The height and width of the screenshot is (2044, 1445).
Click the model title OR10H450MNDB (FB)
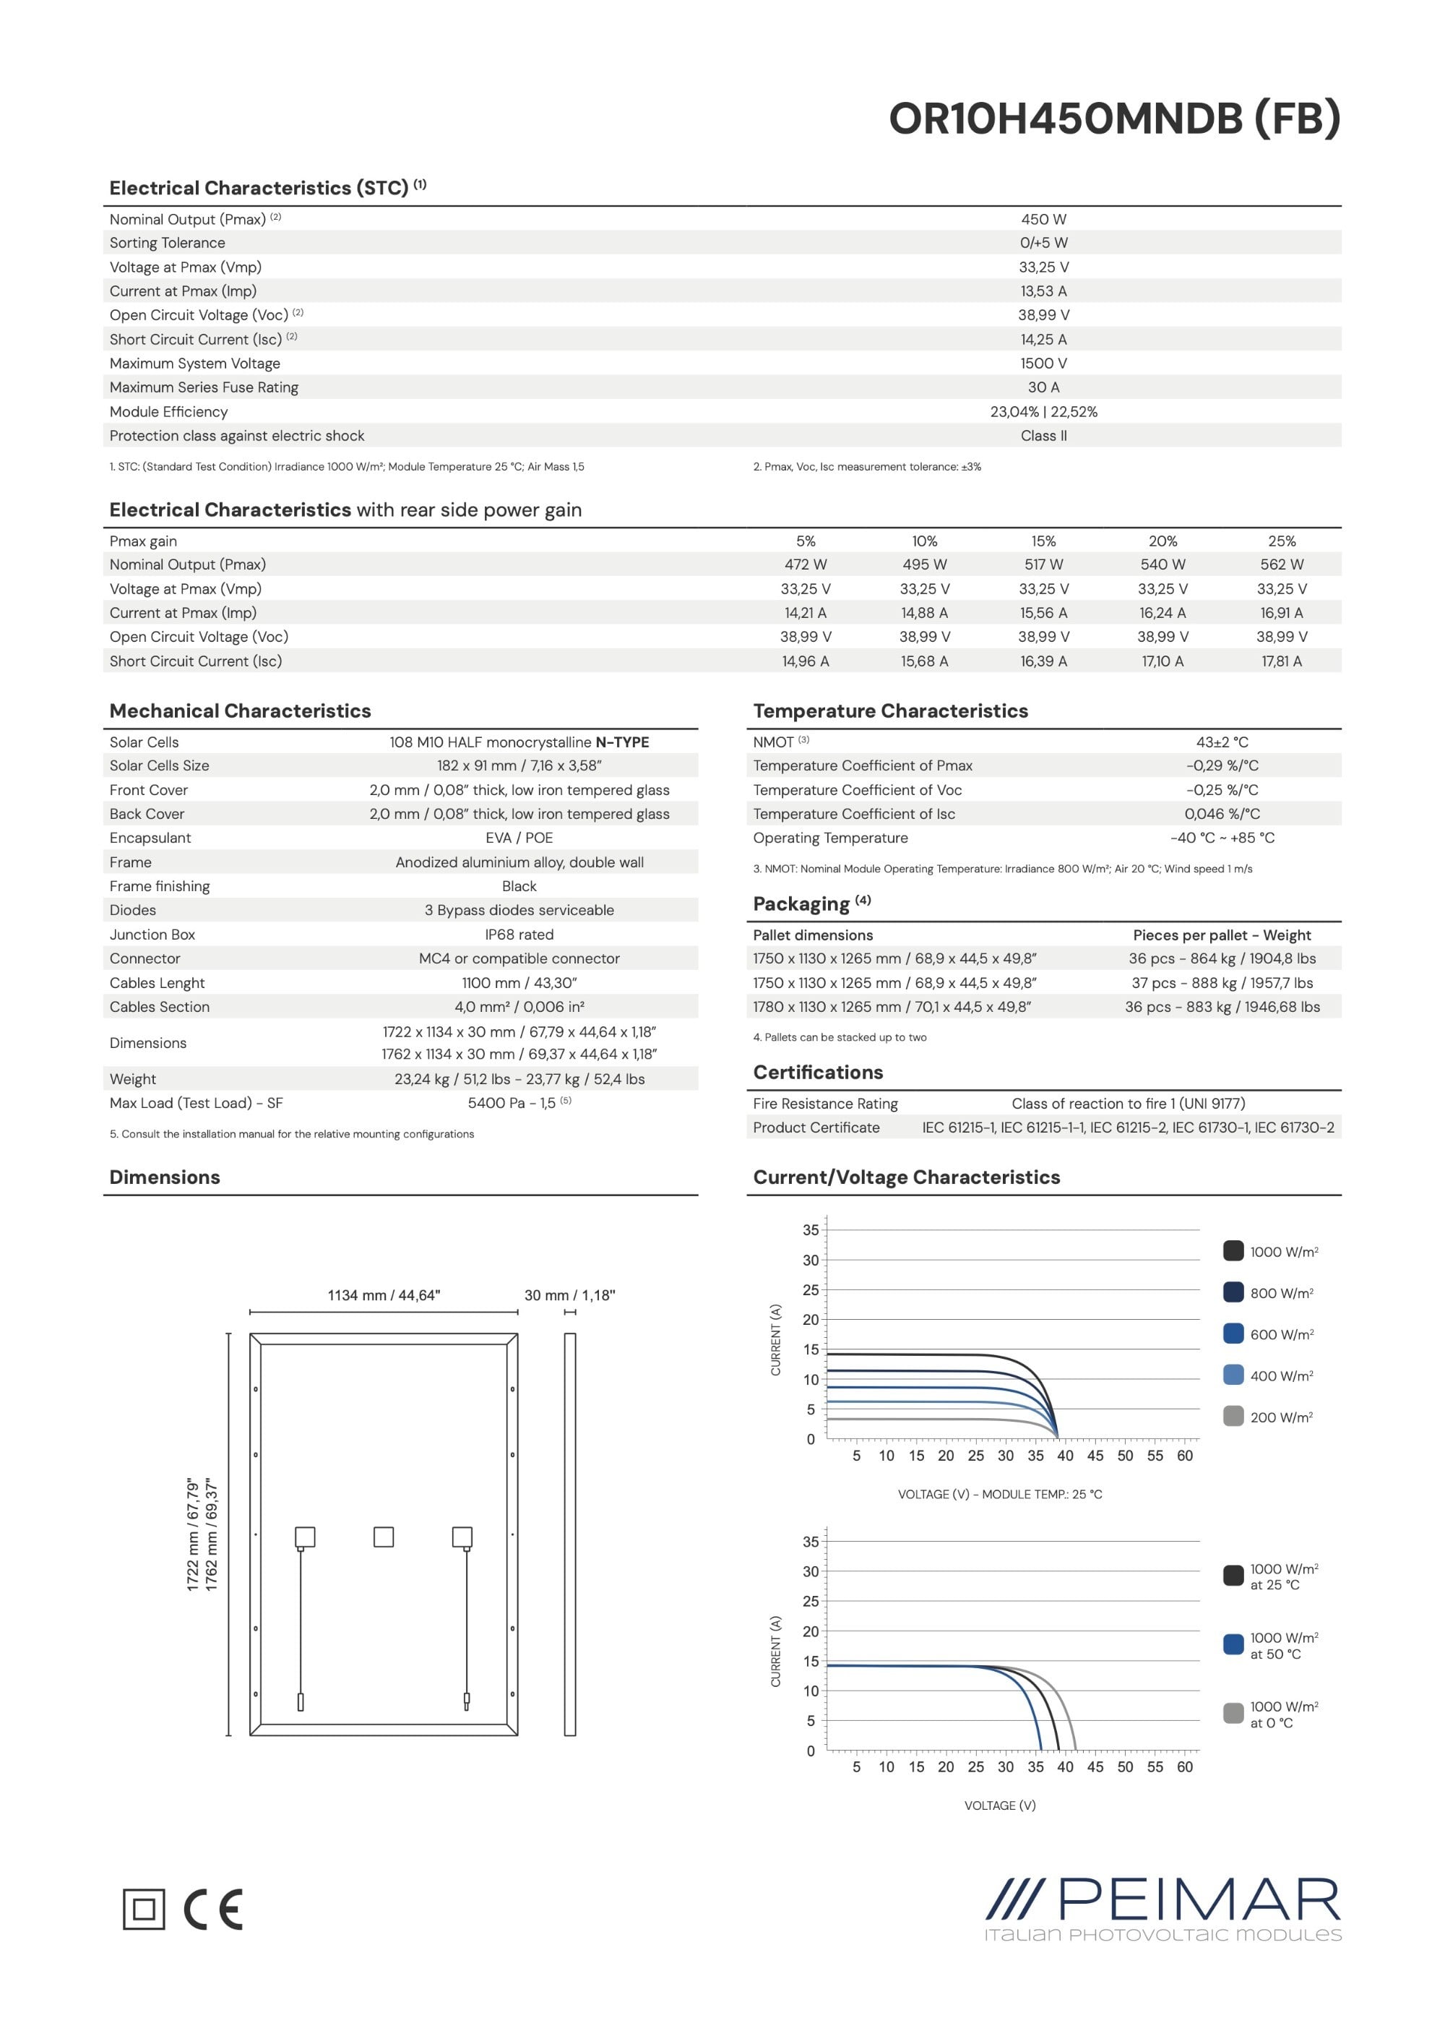pos(1114,119)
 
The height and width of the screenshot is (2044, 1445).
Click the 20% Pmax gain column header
pos(1162,541)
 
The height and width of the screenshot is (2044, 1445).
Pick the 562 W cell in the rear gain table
pos(1281,564)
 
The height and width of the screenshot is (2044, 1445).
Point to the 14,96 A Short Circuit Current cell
pos(806,661)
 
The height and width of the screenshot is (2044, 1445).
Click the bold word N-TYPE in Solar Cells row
pos(622,742)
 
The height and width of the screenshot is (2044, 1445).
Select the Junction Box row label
pos(152,934)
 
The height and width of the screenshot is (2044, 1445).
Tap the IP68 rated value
pos(519,934)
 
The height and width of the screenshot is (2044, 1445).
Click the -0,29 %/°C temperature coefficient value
pos(1222,765)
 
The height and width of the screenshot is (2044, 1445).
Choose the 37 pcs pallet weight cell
pos(1222,983)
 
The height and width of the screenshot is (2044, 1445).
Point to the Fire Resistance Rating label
pos(825,1103)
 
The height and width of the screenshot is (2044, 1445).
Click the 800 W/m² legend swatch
pos(1233,1292)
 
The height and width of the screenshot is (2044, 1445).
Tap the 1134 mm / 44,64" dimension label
pos(384,1295)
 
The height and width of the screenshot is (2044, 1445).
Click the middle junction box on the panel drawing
pos(384,1537)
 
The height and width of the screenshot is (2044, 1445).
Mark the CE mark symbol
pos(214,1909)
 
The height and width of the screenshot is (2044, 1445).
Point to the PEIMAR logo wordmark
pos(1198,1899)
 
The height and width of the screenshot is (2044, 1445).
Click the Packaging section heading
pos(801,903)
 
